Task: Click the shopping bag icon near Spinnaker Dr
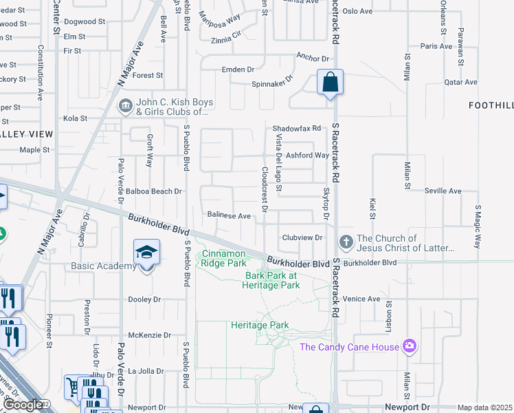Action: click(x=331, y=83)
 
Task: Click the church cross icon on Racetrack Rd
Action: click(x=346, y=243)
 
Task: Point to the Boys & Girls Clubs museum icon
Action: click(x=126, y=106)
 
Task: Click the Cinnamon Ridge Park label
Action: click(x=223, y=258)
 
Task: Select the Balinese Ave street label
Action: click(x=229, y=215)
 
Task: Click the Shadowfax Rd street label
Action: click(x=297, y=129)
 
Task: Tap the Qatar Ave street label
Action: click(x=460, y=82)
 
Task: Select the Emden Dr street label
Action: click(x=238, y=70)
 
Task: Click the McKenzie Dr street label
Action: click(x=144, y=335)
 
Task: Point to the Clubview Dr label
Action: click(x=302, y=237)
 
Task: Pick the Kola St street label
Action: click(x=75, y=118)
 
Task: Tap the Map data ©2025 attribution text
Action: click(x=484, y=407)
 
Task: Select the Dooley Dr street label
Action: click(x=144, y=299)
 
